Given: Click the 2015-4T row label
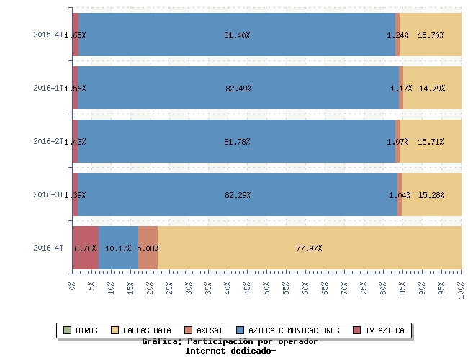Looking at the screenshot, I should pos(48,35).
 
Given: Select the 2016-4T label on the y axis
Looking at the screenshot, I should pos(48,248).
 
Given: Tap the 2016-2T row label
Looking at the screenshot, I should pos(48,141).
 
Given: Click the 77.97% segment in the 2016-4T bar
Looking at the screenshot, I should pos(309,248).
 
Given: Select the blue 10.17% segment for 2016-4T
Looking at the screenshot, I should pos(118,248).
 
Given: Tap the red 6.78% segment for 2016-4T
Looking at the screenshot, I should pos(86,248).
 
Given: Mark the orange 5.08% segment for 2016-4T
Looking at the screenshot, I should pos(148,248).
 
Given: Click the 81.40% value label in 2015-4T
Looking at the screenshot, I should pos(237,35).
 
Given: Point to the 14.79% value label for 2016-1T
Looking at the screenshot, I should pos(432,89).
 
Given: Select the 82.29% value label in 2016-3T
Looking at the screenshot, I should pos(237,195).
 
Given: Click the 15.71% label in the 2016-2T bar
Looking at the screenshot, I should pos(431,142).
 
